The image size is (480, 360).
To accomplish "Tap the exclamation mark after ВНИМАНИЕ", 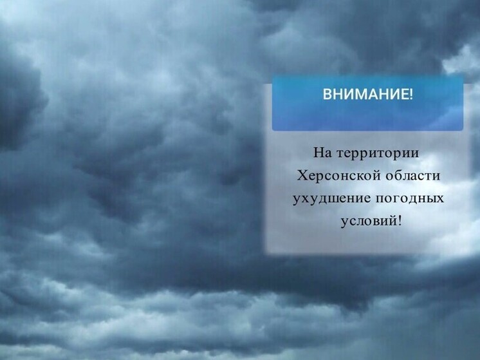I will click(x=411, y=95).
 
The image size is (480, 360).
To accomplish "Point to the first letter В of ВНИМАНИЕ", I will click(x=326, y=95).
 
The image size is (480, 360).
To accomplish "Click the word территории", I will click(x=376, y=155).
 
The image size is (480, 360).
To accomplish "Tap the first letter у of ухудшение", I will click(x=297, y=199).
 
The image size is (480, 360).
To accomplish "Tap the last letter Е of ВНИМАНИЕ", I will click(x=404, y=95).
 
